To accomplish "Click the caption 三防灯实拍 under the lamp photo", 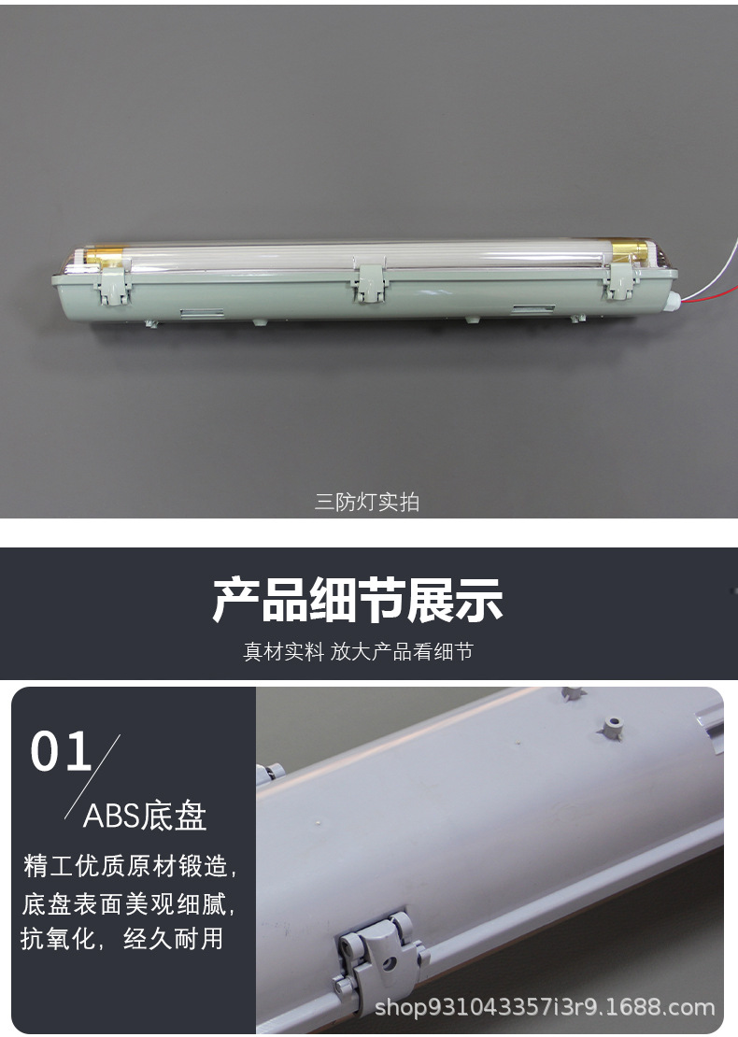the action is pos(367,502).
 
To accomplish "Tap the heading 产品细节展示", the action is pos(358,600).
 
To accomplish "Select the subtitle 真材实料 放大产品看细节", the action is pos(358,652).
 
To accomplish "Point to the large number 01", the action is pos(61,751).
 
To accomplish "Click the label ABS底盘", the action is pos(145,817).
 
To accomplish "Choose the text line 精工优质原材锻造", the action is pos(130,866).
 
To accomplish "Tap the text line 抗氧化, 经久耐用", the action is pos(121,939).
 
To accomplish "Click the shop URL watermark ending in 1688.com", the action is pos(545,1007).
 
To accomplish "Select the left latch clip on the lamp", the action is pos(114,282).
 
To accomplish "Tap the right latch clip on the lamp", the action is pos(619,281).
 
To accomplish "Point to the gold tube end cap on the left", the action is pos(106,256).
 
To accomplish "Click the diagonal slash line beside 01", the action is pos(92,777).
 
